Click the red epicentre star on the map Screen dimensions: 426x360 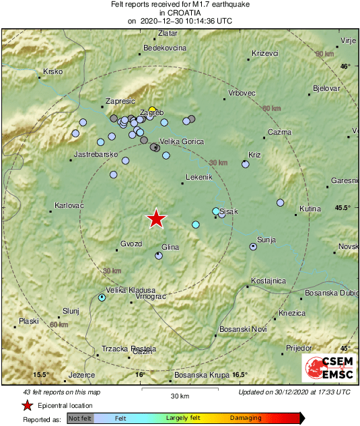click(x=156, y=218)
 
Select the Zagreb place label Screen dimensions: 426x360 click(x=151, y=112)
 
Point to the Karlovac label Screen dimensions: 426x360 click(x=69, y=205)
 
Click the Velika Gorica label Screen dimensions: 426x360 click(x=181, y=141)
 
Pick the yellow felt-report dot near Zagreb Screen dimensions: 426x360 click(x=153, y=108)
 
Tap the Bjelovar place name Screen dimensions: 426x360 click(x=326, y=88)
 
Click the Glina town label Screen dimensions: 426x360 click(x=170, y=248)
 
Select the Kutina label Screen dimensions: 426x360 click(x=310, y=209)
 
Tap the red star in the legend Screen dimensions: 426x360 click(x=27, y=405)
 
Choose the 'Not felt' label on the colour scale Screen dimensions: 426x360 click(x=80, y=419)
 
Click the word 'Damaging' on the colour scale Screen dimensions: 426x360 click(x=246, y=419)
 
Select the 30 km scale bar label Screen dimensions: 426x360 click(x=179, y=394)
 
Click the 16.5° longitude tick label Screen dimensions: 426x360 click(x=240, y=375)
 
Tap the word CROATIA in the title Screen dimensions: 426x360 click(x=180, y=12)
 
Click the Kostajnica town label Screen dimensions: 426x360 click(x=268, y=280)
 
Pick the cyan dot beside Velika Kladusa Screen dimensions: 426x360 click(x=102, y=297)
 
